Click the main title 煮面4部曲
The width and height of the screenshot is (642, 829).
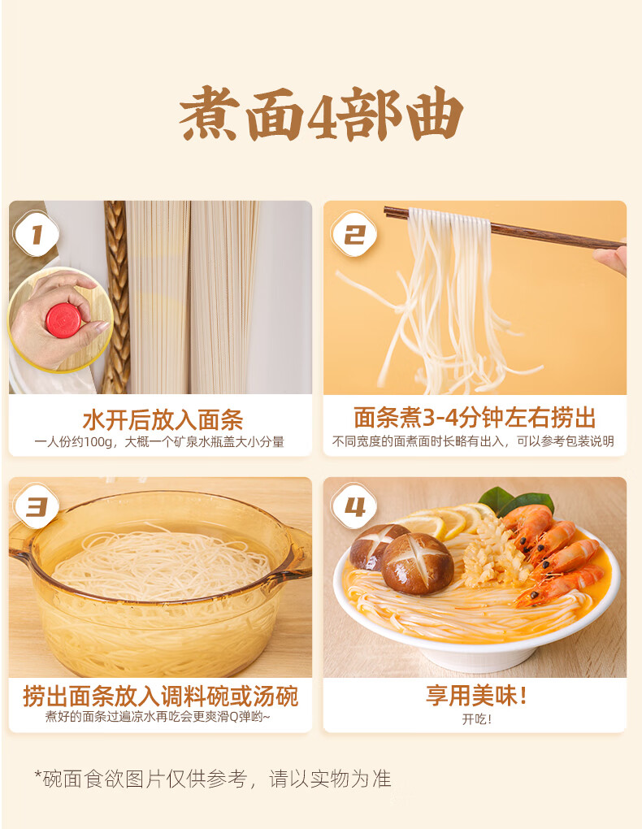(321, 113)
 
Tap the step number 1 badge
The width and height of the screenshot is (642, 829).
(36, 234)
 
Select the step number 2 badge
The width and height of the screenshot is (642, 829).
(354, 234)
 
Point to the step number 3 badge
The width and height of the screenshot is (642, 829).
(36, 507)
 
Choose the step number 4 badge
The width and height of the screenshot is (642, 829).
(354, 507)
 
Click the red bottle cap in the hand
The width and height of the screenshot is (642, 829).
(63, 320)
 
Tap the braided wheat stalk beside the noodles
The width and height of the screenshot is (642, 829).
(116, 296)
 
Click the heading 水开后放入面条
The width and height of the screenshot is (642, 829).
(163, 420)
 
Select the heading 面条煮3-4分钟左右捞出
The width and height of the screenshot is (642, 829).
(475, 418)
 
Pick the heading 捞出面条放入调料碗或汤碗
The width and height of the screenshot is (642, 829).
(160, 696)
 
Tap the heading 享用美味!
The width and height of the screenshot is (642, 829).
(476, 695)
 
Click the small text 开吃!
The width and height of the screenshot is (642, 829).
(477, 719)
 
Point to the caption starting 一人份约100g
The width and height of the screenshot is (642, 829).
(159, 442)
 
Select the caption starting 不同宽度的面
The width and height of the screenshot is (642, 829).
(473, 441)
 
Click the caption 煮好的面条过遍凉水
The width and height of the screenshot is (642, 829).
(158, 717)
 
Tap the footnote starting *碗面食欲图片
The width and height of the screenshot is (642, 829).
(213, 779)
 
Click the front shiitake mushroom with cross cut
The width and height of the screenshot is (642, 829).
(417, 563)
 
